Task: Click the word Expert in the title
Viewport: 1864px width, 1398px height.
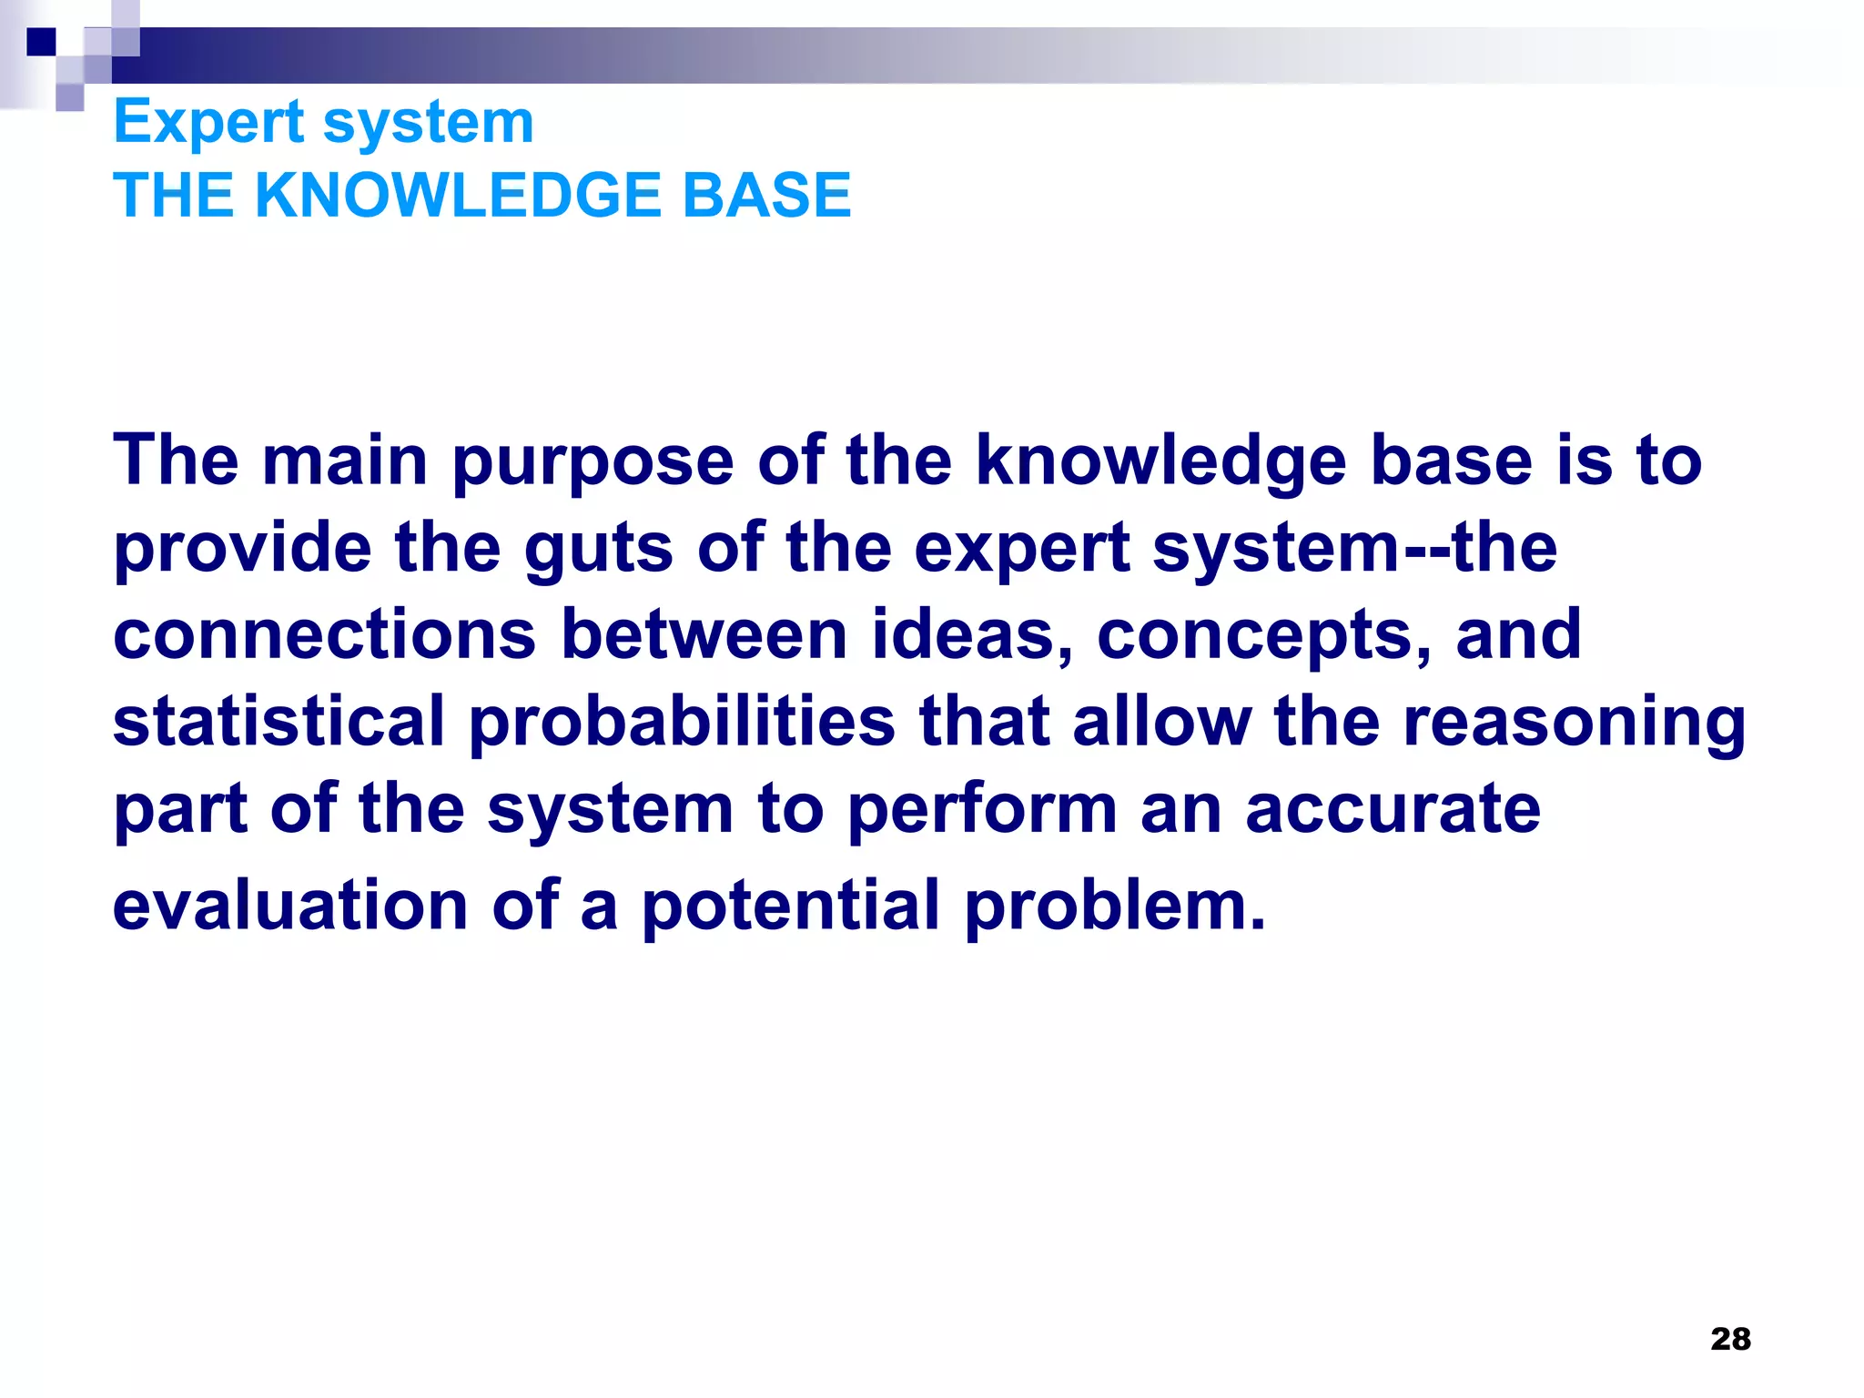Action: [208, 123]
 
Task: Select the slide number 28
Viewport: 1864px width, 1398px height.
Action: [1730, 1339]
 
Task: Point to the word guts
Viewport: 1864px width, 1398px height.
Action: [598, 550]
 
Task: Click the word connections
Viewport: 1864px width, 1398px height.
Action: [325, 634]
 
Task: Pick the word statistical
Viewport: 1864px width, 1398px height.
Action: [279, 721]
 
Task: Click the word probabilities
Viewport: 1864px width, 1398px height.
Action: [682, 721]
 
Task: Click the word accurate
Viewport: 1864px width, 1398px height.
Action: [1393, 810]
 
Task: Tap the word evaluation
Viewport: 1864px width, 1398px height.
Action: [290, 906]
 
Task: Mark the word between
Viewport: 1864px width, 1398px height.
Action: [704, 634]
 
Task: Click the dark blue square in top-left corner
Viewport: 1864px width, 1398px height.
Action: [41, 42]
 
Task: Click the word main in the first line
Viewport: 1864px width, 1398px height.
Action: [345, 461]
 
